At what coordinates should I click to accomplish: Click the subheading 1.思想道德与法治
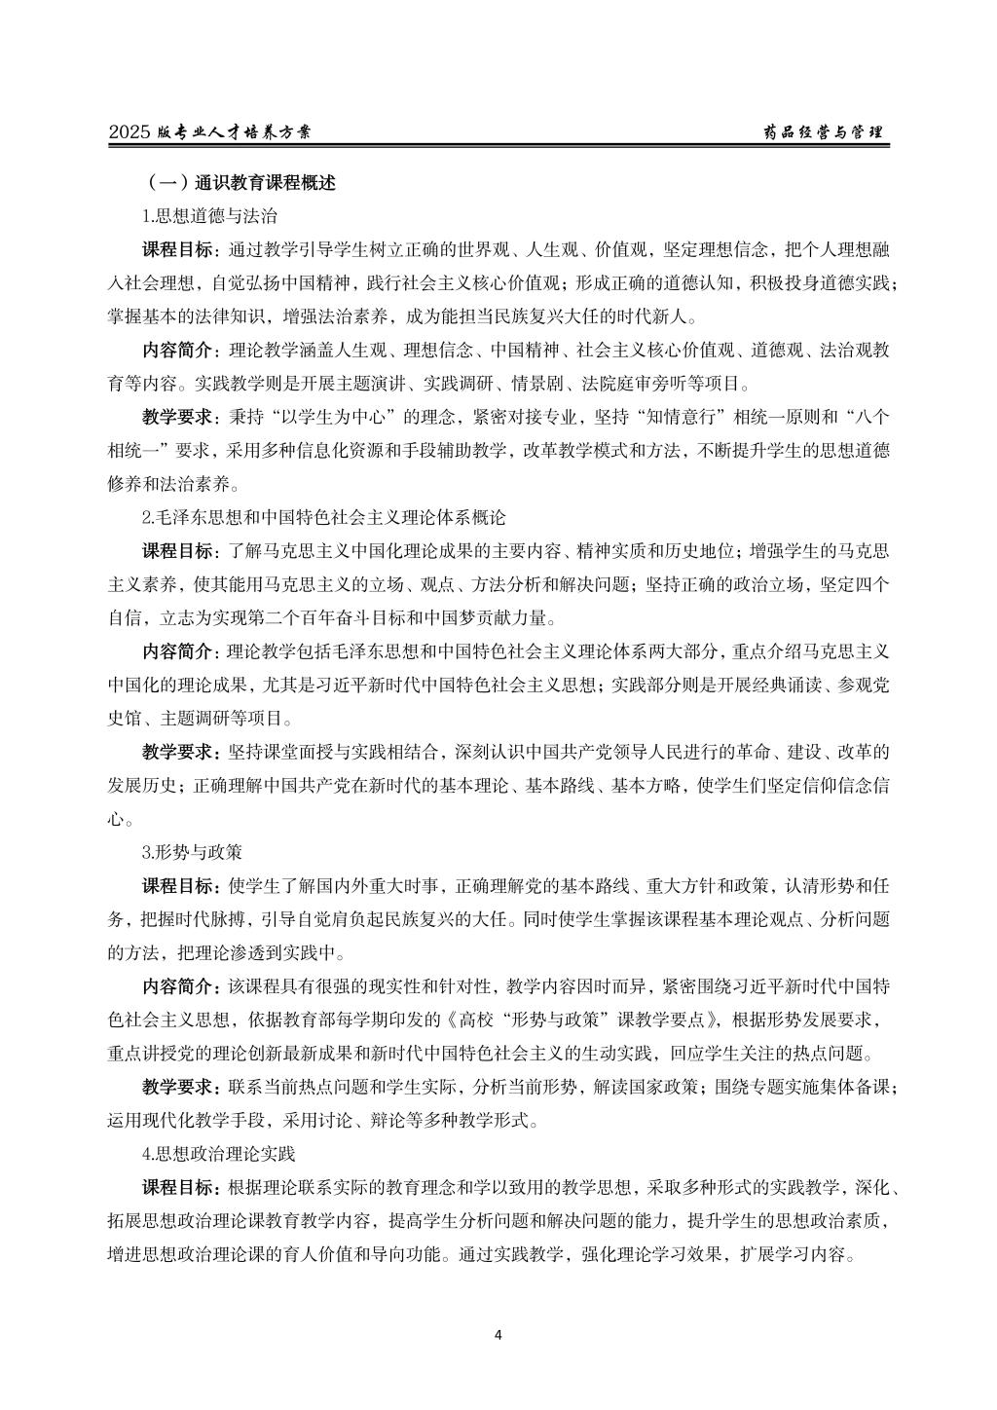tap(209, 216)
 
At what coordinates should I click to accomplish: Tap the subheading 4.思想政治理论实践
tap(218, 1153)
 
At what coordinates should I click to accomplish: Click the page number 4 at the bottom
tap(498, 1334)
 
